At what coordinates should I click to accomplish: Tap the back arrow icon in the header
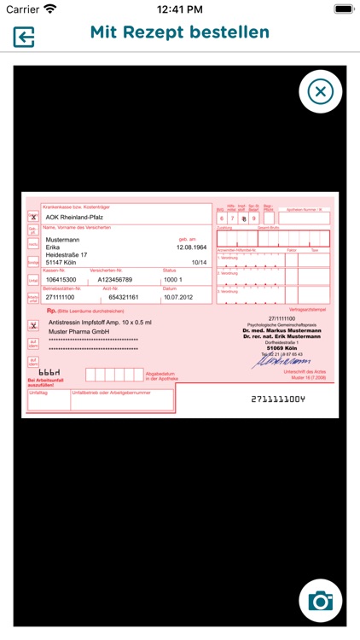[x=23, y=37]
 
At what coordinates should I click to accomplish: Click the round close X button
[x=320, y=91]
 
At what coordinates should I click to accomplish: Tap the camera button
[x=321, y=601]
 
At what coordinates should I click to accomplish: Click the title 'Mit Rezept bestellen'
[x=180, y=32]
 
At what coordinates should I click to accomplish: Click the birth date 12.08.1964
[x=192, y=247]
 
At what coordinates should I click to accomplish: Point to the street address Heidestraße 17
[x=72, y=255]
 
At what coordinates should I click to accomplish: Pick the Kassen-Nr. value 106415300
[x=61, y=279]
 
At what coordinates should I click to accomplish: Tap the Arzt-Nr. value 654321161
[x=118, y=297]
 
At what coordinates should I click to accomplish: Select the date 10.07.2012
[x=179, y=297]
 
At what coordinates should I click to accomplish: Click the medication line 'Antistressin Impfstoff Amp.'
[x=100, y=323]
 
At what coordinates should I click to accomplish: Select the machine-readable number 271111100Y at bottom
[x=277, y=399]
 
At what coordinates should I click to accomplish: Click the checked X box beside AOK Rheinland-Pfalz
[x=33, y=218]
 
